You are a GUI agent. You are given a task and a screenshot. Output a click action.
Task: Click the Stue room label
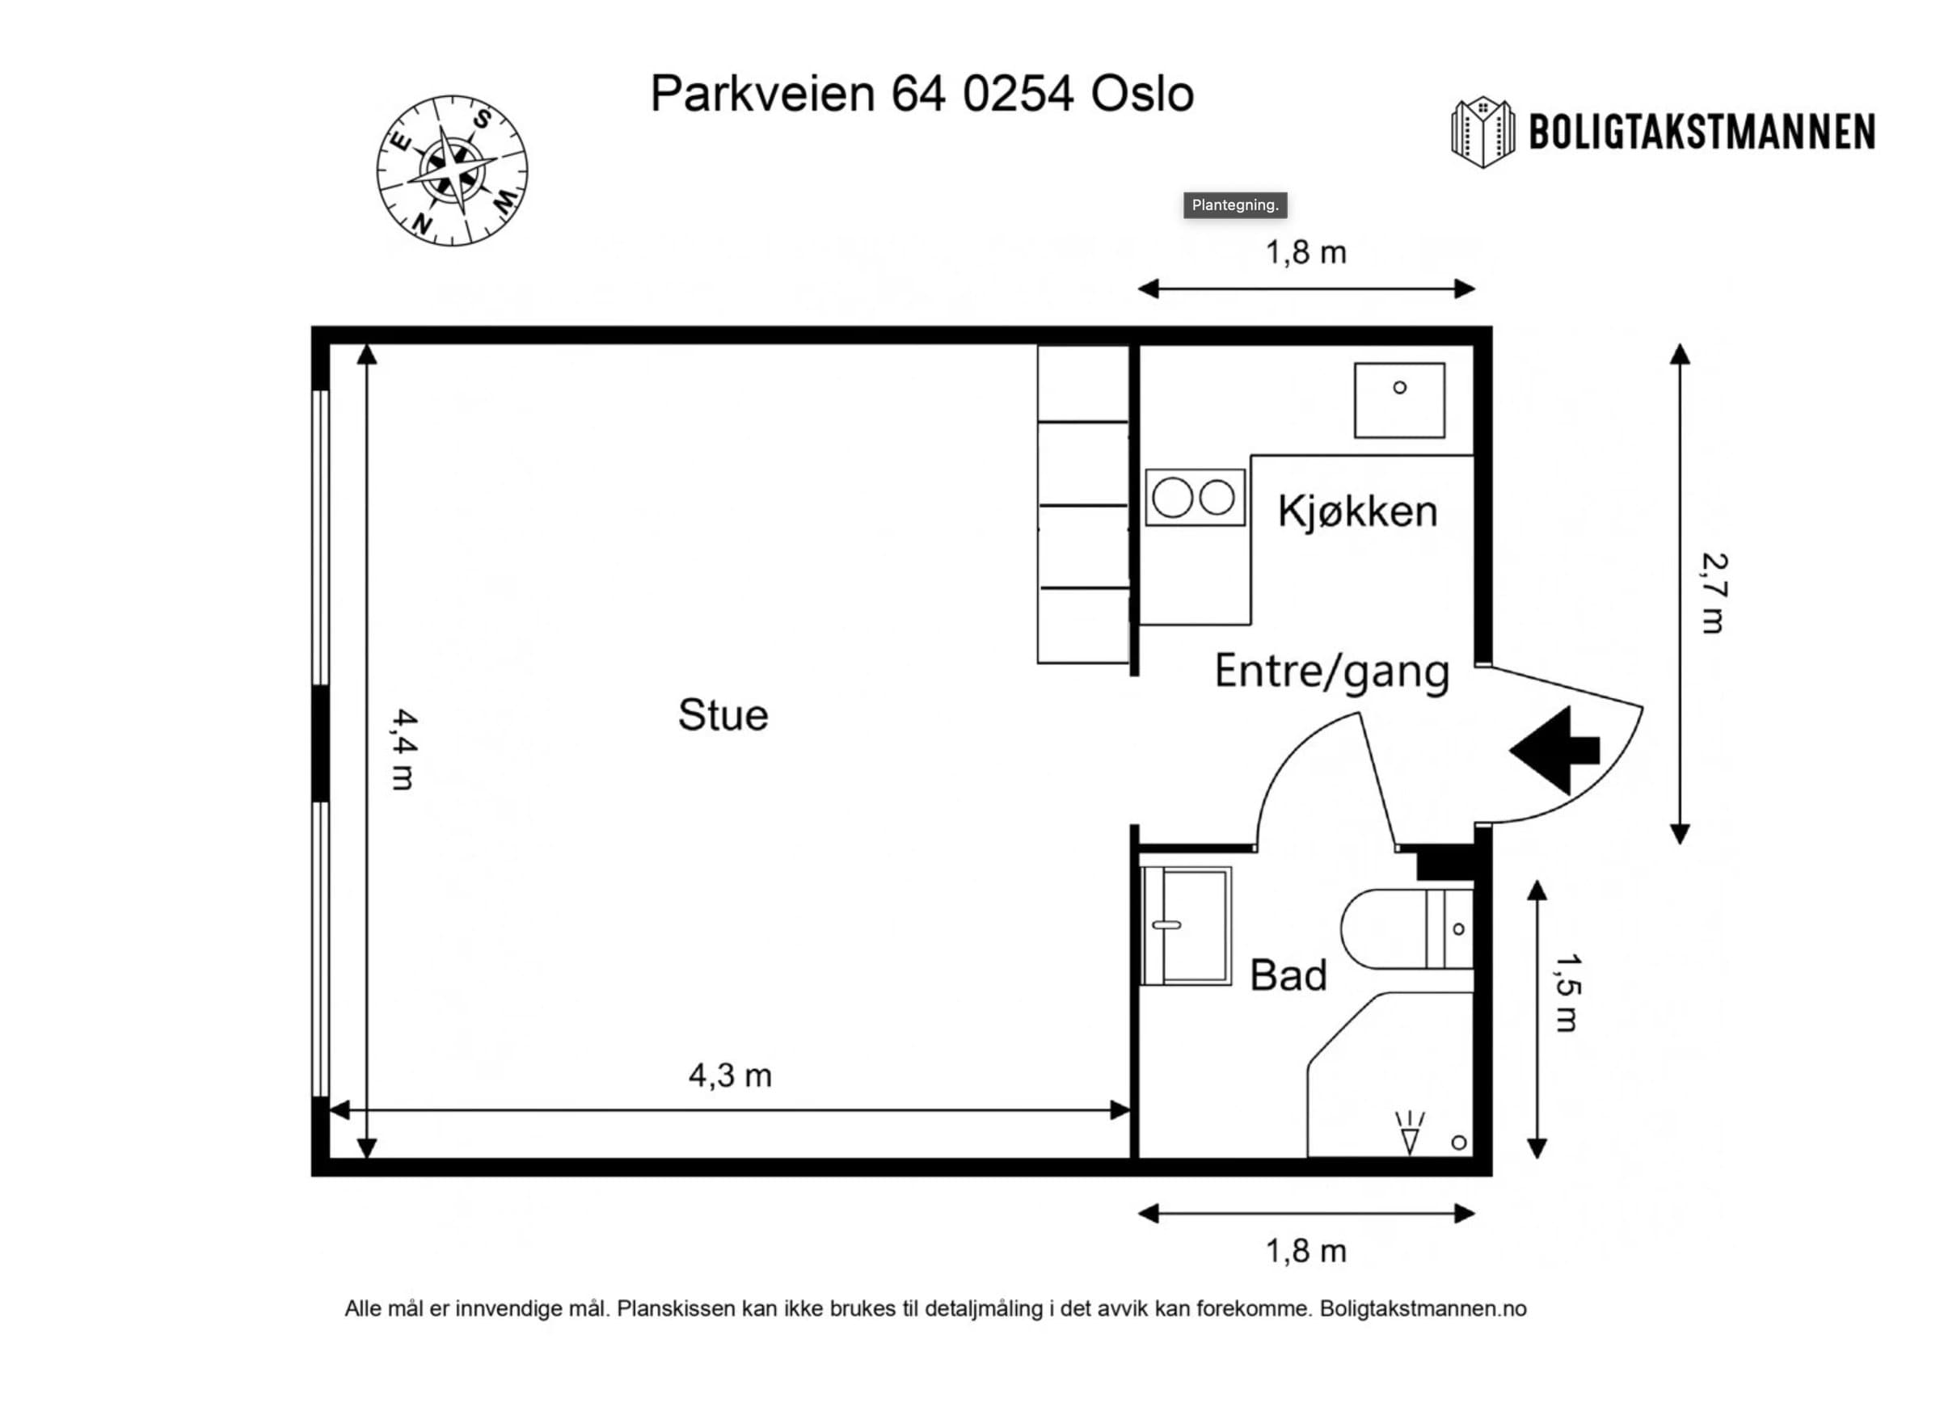point(723,715)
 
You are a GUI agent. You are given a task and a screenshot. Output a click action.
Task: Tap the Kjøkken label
point(1357,511)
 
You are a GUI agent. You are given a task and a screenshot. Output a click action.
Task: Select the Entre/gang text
point(1332,671)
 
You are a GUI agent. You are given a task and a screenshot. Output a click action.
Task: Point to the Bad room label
point(1288,975)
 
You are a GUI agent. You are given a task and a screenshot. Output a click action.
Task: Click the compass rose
point(453,171)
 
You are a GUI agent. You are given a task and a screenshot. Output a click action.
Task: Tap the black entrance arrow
point(1554,750)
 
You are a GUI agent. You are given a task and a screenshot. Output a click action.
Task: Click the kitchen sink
point(1399,400)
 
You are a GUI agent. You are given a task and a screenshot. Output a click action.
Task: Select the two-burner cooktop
point(1195,497)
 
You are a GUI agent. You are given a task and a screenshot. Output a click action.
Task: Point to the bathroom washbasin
point(1187,926)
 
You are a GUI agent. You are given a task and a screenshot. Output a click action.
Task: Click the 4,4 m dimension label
point(403,749)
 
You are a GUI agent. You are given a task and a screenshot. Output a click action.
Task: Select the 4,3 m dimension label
point(730,1075)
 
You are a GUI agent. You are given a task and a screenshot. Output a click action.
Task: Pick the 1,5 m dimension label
point(1567,993)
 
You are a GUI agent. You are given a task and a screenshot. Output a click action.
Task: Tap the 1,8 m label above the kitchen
point(1306,252)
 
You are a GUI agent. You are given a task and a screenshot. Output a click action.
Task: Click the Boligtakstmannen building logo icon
point(1482,132)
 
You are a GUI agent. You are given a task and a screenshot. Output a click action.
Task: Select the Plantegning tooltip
point(1235,205)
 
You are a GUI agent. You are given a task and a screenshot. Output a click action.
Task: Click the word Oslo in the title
point(1142,94)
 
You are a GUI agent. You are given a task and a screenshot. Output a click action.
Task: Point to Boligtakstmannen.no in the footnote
point(1423,1309)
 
